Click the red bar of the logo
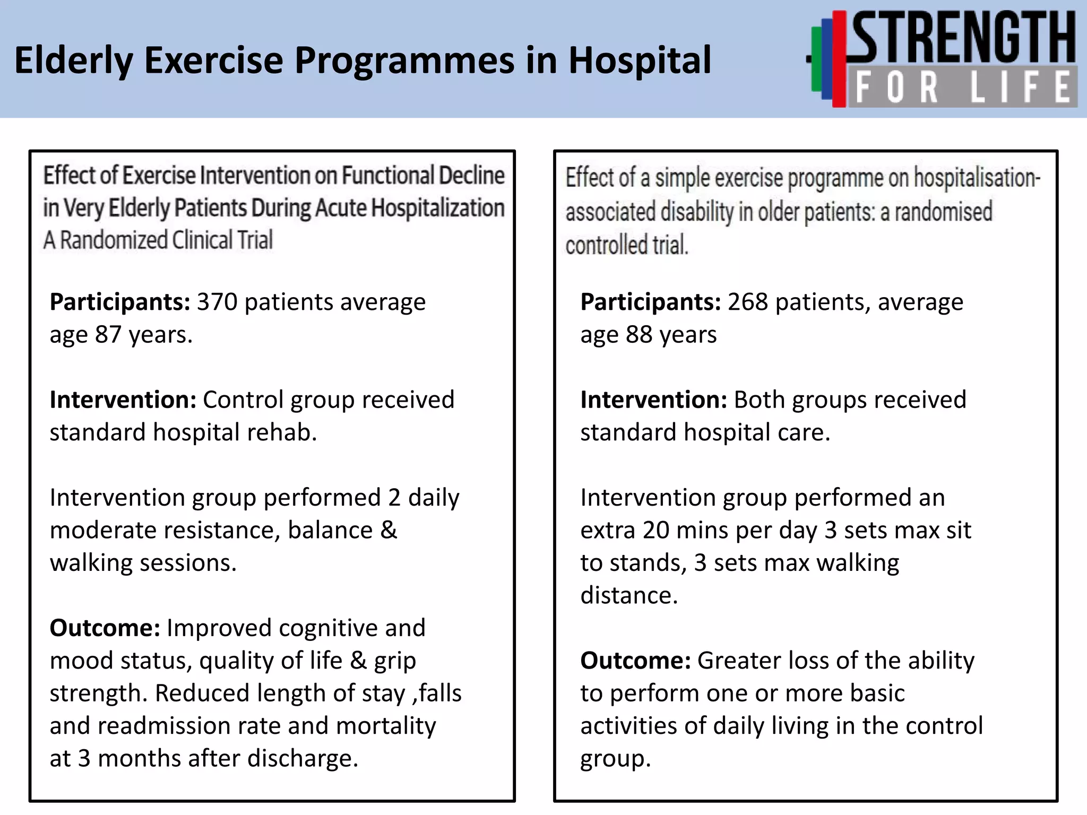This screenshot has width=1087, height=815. pos(839,58)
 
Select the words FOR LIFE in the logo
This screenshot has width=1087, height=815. pos(962,88)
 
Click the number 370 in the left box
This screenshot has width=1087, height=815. pos(217,302)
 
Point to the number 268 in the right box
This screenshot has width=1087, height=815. pos(747,302)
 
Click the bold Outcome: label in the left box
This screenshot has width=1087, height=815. pos(105,628)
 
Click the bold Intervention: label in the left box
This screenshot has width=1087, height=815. pos(123,400)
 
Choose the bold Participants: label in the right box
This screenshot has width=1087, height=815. pos(651,302)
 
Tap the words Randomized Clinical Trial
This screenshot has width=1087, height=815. pos(166,240)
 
